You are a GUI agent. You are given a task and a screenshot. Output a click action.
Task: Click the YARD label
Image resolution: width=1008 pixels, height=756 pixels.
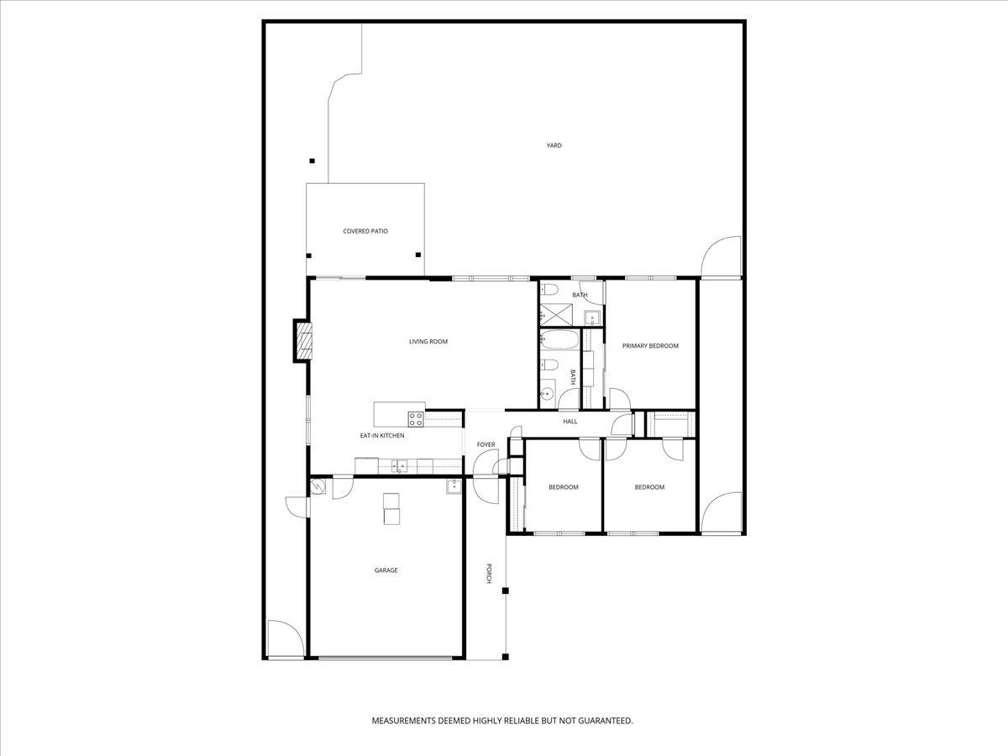click(554, 145)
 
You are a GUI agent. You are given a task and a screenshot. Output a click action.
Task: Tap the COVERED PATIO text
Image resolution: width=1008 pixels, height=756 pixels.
click(365, 231)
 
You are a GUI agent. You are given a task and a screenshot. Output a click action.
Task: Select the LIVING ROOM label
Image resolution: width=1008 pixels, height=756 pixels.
click(428, 342)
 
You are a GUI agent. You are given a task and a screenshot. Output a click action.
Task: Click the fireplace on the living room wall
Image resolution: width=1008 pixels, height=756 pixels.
click(302, 340)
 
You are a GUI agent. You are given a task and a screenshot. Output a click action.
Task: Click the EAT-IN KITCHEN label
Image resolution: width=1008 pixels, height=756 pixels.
click(382, 436)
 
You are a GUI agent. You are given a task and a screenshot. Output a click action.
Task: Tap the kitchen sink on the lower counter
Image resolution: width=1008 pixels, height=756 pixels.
click(399, 465)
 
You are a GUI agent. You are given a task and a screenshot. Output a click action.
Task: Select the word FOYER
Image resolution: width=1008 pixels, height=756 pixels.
click(486, 444)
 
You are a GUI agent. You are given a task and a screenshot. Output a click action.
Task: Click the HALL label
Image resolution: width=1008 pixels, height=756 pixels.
click(570, 421)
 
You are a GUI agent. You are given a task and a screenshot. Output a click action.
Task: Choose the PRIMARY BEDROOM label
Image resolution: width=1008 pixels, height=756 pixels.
click(650, 346)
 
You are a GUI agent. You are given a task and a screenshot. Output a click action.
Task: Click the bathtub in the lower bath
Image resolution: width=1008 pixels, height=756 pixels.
click(560, 341)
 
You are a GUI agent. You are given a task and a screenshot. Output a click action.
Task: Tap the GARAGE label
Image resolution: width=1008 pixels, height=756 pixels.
click(386, 570)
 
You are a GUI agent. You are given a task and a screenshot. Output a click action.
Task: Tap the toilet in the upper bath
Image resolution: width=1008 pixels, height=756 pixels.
click(549, 290)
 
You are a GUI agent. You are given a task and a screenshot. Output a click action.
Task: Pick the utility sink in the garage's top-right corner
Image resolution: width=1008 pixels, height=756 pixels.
click(453, 485)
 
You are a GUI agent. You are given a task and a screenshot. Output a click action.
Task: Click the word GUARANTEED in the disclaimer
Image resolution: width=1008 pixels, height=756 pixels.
click(602, 721)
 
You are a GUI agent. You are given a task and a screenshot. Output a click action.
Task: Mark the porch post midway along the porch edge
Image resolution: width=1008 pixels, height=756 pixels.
click(506, 591)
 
